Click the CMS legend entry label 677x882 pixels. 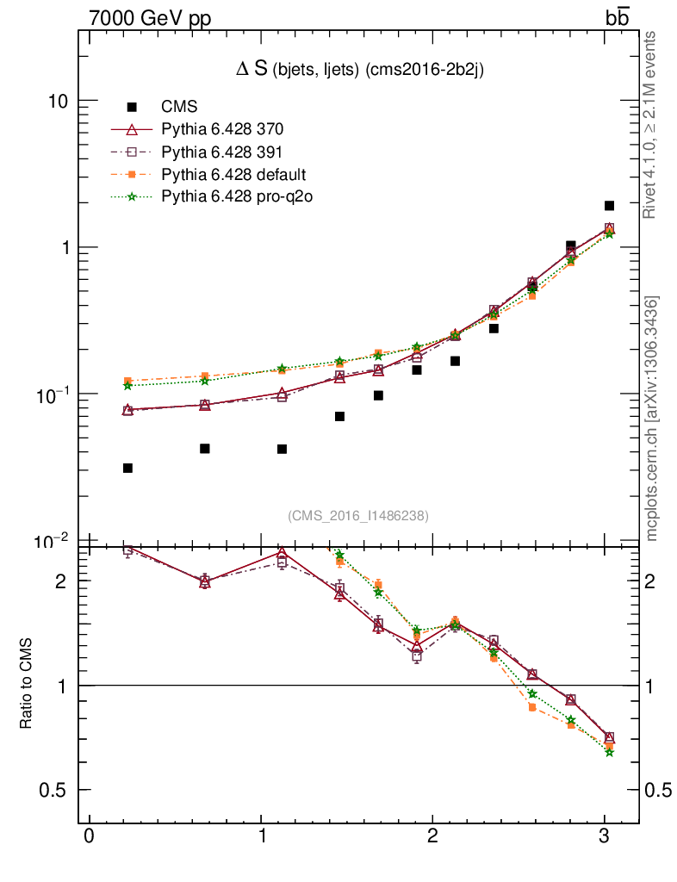(179, 108)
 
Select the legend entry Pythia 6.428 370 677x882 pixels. (222, 130)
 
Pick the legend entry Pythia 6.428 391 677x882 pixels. (222, 152)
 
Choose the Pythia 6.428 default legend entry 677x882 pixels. (233, 175)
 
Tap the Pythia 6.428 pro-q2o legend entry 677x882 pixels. (236, 197)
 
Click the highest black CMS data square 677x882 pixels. (609, 206)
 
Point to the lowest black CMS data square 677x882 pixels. (127, 468)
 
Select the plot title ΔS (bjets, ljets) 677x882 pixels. (359, 71)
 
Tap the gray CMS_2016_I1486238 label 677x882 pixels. (358, 515)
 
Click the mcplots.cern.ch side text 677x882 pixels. (654, 419)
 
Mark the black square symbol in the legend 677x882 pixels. (132, 108)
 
